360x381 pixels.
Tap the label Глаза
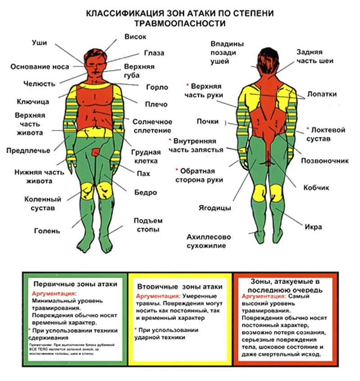point(154,53)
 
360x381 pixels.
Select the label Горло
point(157,87)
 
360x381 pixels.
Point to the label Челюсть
point(39,83)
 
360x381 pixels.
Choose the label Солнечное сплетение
point(152,126)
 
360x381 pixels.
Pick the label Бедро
point(145,193)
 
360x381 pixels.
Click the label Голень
point(47,231)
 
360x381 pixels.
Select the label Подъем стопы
point(148,225)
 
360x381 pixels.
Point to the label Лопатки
point(322,94)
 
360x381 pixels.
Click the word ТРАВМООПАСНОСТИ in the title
point(180,23)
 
